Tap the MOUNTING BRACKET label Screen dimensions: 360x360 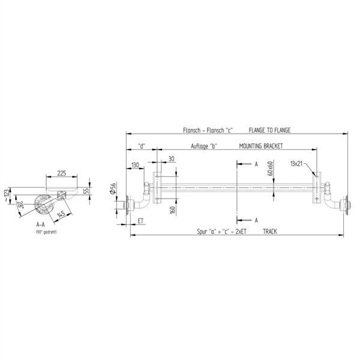pyautogui.click(x=260, y=146)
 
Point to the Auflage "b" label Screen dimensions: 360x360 pyautogui.click(x=205, y=146)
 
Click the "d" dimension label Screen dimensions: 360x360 pyautogui.click(x=142, y=146)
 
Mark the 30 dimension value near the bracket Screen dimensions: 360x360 pyautogui.click(x=172, y=159)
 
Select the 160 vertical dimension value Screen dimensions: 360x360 pyautogui.click(x=172, y=210)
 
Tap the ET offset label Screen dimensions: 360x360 pyautogui.click(x=140, y=221)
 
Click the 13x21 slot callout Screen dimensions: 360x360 pyautogui.click(x=296, y=163)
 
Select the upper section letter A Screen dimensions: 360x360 pyautogui.click(x=256, y=163)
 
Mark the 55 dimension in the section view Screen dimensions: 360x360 pyautogui.click(x=86, y=190)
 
